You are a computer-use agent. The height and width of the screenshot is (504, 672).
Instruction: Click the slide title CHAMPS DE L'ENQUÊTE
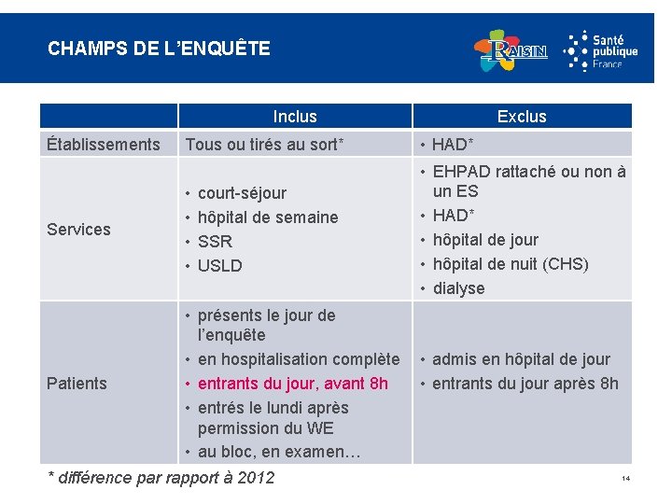[159, 48]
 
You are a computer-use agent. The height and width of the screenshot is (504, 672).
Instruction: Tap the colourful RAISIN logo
[510, 50]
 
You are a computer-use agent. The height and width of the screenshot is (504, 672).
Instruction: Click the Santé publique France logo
[601, 50]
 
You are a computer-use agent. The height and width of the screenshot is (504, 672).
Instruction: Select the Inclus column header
[295, 117]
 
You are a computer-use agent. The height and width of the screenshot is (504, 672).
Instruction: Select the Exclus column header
[522, 117]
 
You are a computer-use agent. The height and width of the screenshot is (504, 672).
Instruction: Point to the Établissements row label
[104, 144]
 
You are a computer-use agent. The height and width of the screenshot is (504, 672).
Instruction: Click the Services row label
[78, 230]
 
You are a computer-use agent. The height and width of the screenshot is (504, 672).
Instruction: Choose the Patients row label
[77, 384]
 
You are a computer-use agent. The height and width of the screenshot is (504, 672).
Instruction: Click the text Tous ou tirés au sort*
[265, 144]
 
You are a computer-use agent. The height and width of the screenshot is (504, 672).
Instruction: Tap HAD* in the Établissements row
[455, 144]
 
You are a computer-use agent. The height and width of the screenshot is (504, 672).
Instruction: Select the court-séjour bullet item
[242, 193]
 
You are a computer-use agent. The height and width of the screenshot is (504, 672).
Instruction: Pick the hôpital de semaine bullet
[268, 217]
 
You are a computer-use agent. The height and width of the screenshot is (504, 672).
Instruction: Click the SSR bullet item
[215, 242]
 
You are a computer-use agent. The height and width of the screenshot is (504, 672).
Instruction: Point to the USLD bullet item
[219, 266]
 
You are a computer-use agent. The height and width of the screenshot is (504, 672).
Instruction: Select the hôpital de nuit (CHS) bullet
[510, 264]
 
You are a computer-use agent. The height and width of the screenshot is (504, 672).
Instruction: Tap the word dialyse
[458, 288]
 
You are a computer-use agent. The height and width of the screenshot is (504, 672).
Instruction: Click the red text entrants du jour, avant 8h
[292, 384]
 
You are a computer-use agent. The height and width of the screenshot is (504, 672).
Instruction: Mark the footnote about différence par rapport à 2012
[161, 478]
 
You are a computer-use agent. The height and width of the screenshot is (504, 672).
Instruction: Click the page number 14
[625, 479]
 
